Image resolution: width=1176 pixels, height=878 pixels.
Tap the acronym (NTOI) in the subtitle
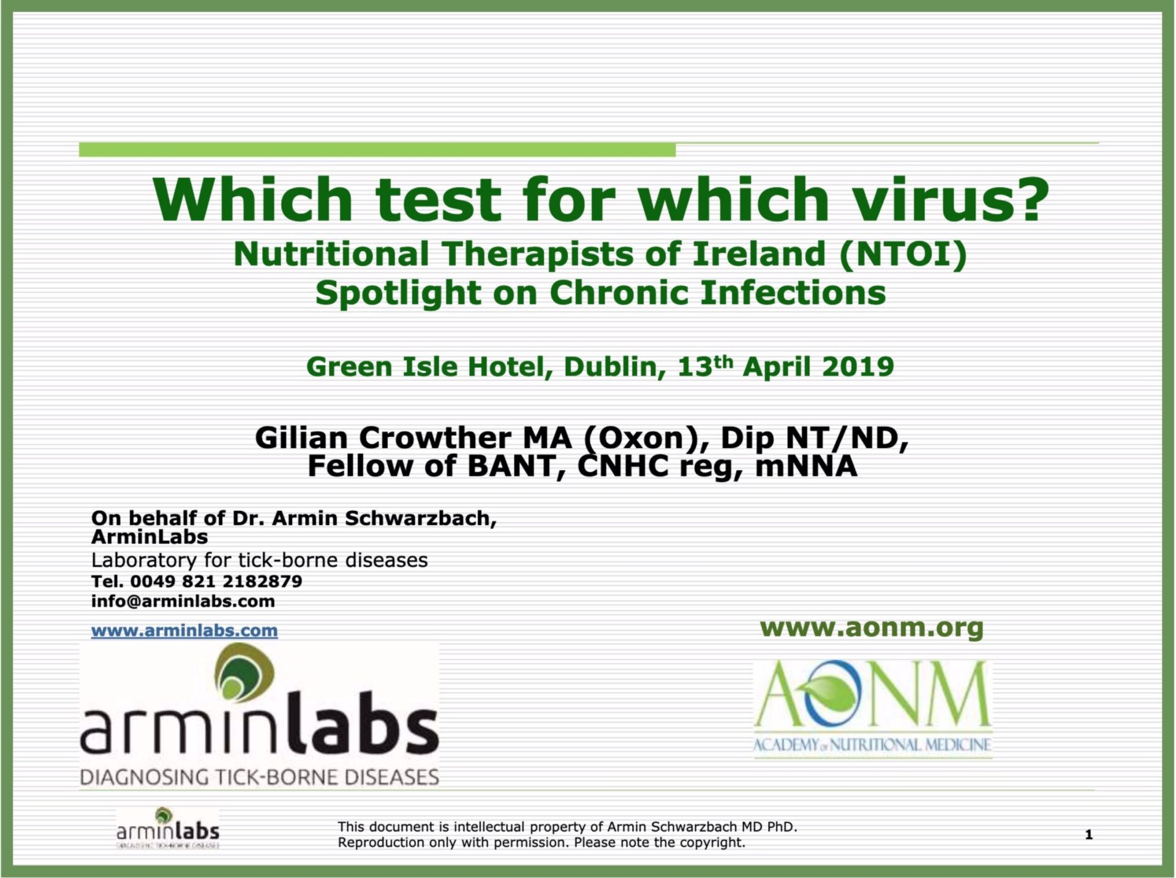tap(903, 254)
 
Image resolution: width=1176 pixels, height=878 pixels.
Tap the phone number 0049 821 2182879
tap(216, 581)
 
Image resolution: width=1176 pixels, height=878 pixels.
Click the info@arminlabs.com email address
tap(183, 601)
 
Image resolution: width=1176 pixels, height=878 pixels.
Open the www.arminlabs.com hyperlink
tap(184, 630)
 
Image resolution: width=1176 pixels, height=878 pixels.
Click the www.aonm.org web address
tap(872, 628)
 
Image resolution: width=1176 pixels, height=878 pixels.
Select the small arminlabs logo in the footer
tap(168, 828)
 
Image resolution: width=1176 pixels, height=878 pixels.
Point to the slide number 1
tap(1088, 834)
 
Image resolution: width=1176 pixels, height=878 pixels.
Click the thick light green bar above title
tap(377, 150)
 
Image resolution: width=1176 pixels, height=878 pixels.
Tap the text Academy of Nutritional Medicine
tap(872, 746)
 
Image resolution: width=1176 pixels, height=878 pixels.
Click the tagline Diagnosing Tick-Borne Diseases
tap(260, 778)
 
